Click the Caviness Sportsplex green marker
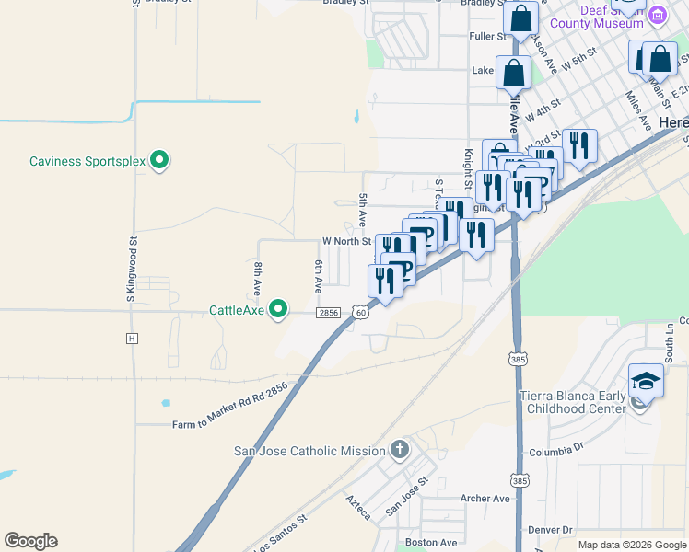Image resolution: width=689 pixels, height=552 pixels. tap(159, 161)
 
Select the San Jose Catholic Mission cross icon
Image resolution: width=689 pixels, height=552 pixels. tap(399, 450)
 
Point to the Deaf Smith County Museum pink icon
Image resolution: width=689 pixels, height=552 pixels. tap(657, 16)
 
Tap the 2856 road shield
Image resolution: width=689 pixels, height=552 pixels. tap(329, 313)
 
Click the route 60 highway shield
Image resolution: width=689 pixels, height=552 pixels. tap(360, 313)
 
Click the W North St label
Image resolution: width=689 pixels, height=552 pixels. tap(346, 242)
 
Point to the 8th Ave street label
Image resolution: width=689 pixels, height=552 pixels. tap(257, 277)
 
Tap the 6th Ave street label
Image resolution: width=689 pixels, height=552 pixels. tap(318, 275)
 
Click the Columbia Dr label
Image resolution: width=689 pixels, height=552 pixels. tap(557, 449)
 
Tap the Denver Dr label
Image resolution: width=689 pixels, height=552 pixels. tap(550, 530)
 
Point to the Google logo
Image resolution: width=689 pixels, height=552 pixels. tap(30, 541)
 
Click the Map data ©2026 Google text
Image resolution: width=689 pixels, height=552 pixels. tap(632, 545)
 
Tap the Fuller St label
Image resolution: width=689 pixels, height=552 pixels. tap(488, 37)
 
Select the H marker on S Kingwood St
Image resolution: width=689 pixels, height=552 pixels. tap(132, 339)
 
